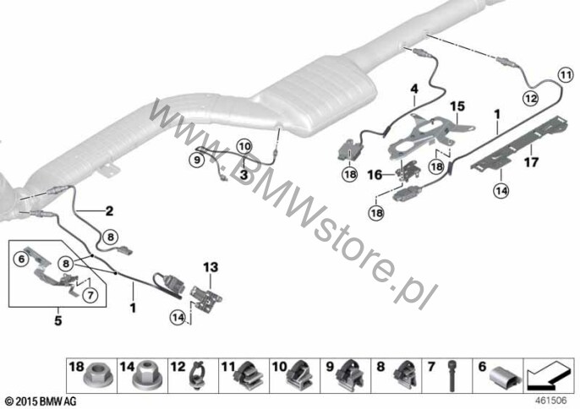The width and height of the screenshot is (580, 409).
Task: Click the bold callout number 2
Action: (x=109, y=210)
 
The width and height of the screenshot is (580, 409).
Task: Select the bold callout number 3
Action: (x=243, y=174)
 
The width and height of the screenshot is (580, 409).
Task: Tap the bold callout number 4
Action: (x=414, y=89)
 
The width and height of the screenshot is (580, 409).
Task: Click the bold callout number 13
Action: (x=210, y=267)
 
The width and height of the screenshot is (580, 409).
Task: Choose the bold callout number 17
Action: (x=531, y=155)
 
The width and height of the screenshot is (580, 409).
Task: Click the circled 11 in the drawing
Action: (x=566, y=74)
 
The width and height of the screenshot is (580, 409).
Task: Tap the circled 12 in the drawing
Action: (x=529, y=98)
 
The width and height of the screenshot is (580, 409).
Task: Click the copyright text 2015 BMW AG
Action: (x=40, y=398)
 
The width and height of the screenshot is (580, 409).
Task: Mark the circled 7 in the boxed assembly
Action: (x=90, y=294)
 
